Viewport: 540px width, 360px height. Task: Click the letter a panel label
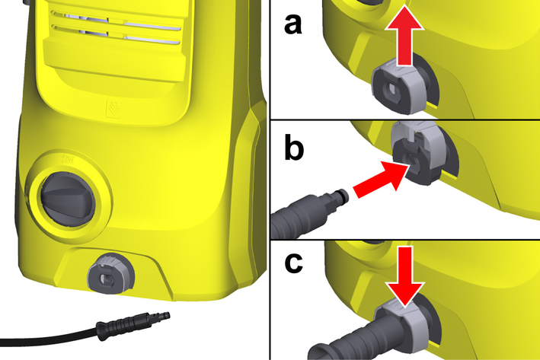293,25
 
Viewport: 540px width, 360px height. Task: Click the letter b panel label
294,147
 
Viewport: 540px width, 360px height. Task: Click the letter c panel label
294,263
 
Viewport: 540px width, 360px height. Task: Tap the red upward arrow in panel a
404,39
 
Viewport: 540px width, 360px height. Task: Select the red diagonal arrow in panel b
381,180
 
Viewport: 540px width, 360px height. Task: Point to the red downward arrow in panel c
405,276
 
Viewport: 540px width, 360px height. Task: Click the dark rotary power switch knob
68,199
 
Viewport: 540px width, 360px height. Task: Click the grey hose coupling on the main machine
110,274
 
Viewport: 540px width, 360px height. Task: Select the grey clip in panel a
400,86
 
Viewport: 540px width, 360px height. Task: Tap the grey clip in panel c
403,323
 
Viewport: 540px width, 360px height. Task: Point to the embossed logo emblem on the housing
113,110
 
